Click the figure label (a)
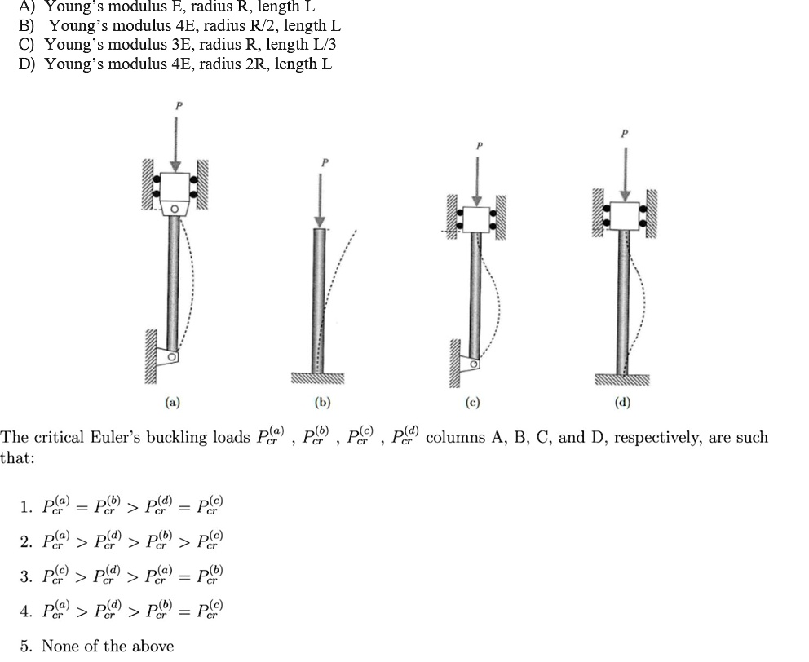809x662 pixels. tap(172, 402)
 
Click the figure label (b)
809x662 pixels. tap(322, 402)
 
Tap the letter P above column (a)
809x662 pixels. tap(175, 104)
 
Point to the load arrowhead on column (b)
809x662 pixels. tap(321, 221)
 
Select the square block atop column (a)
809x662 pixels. tap(175, 188)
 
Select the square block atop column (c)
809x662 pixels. tap(476, 219)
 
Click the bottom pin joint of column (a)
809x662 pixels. tap(170, 357)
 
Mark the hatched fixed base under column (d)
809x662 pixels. tap(622, 379)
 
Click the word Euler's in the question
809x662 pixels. tap(113, 437)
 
